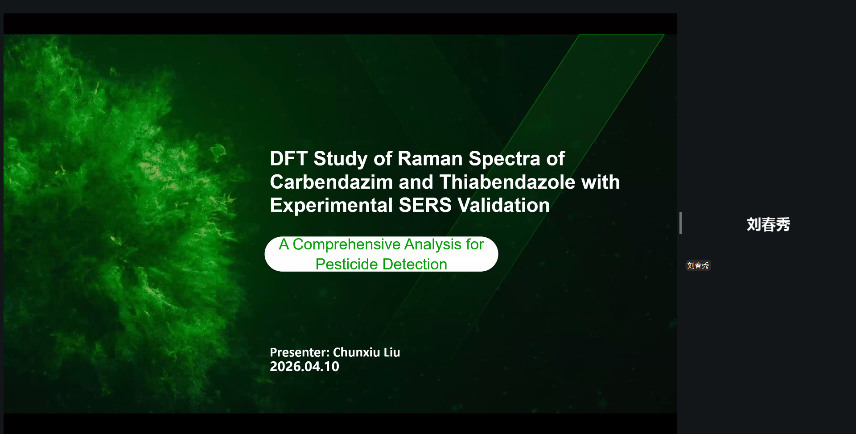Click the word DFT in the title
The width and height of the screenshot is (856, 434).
coord(288,159)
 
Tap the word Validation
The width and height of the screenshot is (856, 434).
coord(503,205)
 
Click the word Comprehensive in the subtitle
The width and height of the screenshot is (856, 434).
coord(346,245)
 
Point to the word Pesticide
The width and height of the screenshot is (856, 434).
coord(346,264)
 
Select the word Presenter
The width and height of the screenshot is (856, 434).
coord(300,352)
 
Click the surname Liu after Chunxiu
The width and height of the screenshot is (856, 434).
coord(392,352)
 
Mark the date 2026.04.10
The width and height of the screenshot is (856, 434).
coord(305,367)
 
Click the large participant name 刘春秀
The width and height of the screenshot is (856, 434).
coord(768,224)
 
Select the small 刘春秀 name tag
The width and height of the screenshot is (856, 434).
coord(698,265)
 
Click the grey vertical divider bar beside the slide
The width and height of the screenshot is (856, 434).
coord(680,223)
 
